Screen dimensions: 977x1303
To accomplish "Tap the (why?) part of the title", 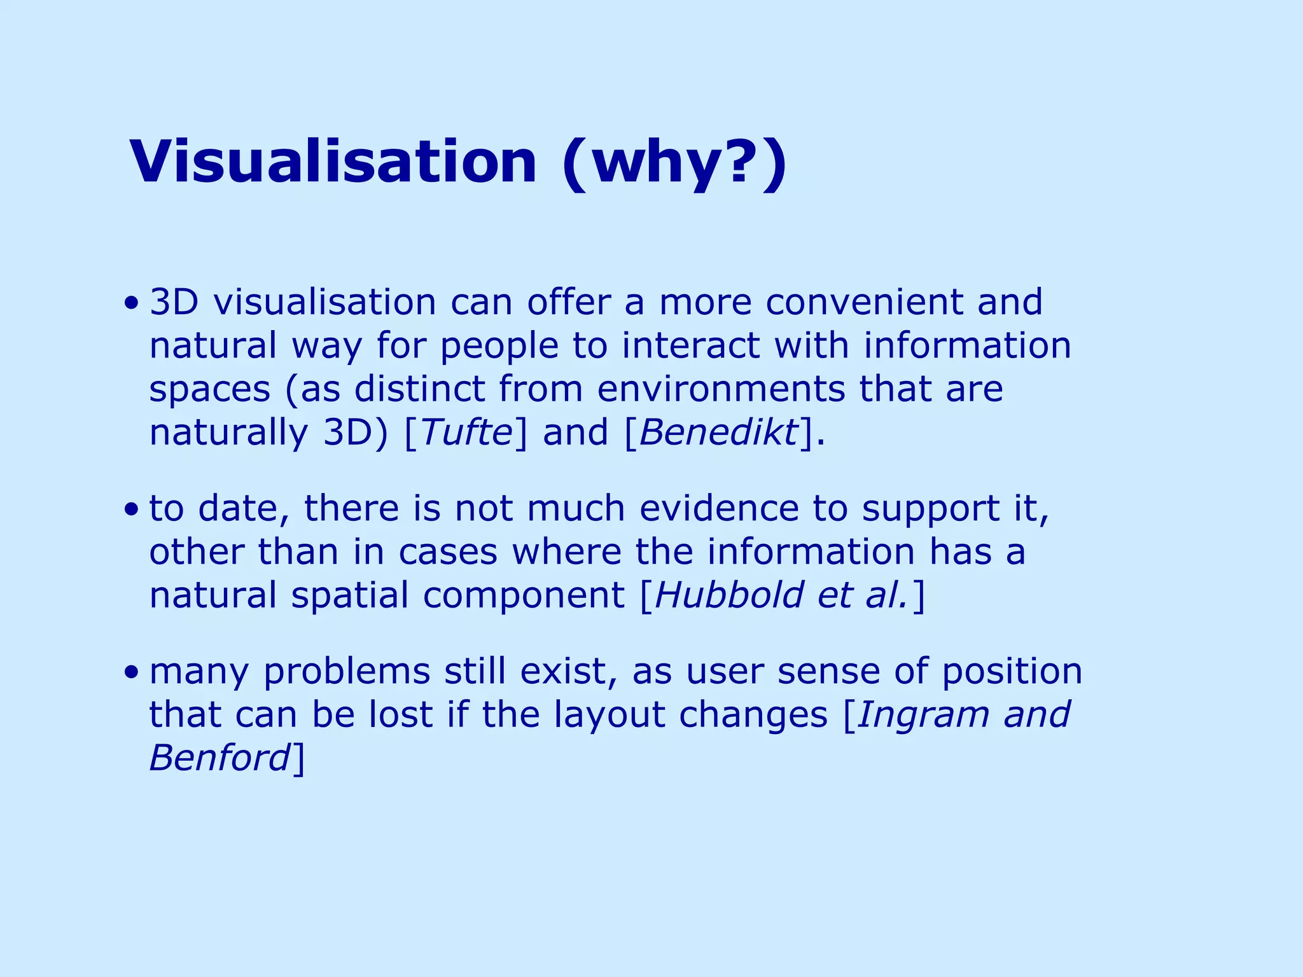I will click(674, 163).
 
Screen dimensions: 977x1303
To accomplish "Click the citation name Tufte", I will click(466, 433).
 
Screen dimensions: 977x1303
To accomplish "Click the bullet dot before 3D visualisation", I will click(131, 302).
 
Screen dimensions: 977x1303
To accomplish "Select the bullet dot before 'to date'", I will click(131, 509).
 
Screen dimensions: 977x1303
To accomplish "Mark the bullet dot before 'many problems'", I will click(131, 672).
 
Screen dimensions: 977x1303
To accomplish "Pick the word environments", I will click(720, 389).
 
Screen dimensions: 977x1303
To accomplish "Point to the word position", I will click(1012, 673).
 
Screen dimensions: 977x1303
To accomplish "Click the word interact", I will click(690, 346).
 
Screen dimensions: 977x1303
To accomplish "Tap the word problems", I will click(346, 673).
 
